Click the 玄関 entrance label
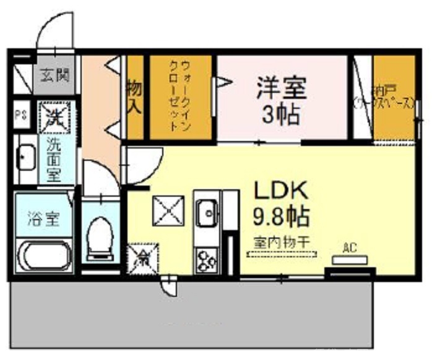pyautogui.click(x=54, y=75)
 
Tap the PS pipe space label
pyautogui.click(x=21, y=116)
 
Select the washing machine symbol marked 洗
pyautogui.click(x=56, y=116)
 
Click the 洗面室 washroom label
pyautogui.click(x=55, y=158)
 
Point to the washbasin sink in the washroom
pyautogui.click(x=26, y=160)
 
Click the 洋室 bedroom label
pyautogui.click(x=282, y=88)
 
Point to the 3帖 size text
pyautogui.click(x=281, y=114)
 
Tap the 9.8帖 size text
pyautogui.click(x=281, y=216)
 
